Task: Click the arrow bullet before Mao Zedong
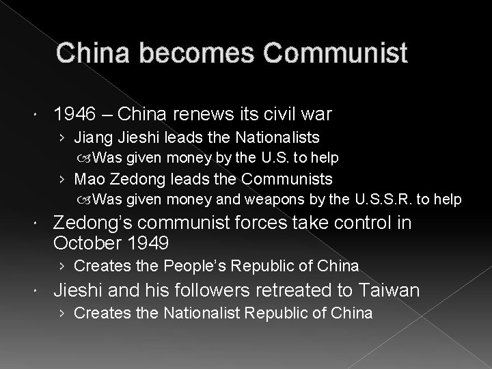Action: tap(63, 179)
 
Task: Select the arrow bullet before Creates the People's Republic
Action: tap(63, 265)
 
